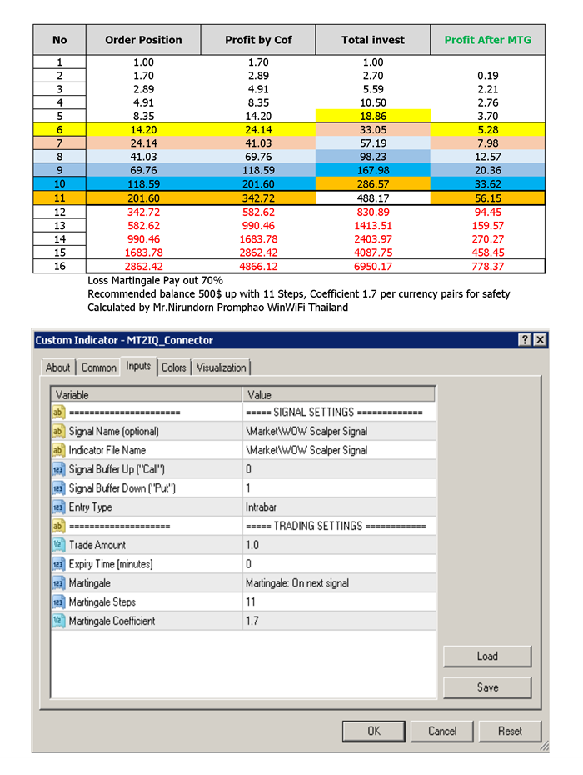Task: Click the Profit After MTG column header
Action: coord(487,40)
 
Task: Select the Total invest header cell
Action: coord(373,40)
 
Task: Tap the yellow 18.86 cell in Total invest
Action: coord(373,116)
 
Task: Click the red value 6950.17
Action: coord(373,266)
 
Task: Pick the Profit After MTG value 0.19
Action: coord(488,76)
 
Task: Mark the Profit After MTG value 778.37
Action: coord(488,266)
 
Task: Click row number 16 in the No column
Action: coord(59,266)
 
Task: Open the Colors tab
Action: coord(174,367)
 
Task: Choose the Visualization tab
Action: coord(222,367)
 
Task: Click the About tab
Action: coord(58,367)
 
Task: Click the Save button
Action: coord(487,687)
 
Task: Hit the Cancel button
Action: coord(442,731)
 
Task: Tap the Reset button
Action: coord(510,731)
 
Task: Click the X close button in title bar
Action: coord(540,340)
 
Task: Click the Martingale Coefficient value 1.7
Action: coord(252,621)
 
